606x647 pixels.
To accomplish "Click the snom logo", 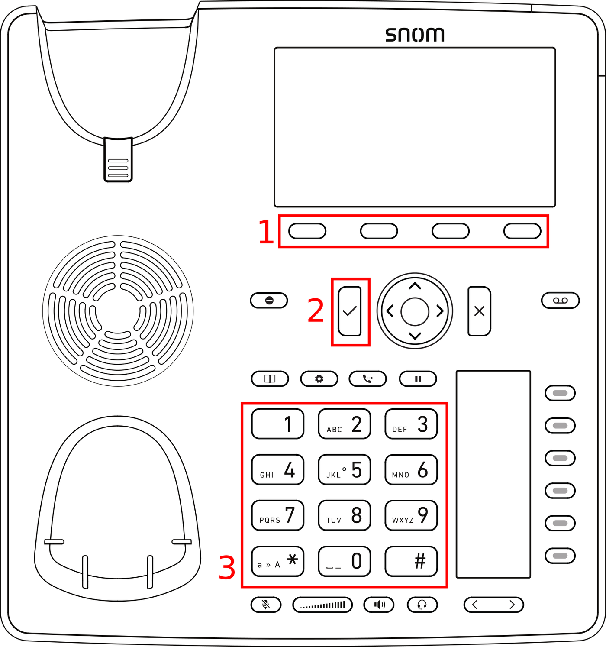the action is pos(415,35).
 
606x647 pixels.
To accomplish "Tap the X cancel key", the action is pos(479,311).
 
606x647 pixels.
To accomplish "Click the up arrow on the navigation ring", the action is pos(415,286).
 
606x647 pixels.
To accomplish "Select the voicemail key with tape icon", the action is pos(560,300).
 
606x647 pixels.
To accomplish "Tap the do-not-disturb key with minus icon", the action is pos(269,300).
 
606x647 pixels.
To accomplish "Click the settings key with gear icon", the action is pos(319,378).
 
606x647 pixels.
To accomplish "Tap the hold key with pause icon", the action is pos(418,378).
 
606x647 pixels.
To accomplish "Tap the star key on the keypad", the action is pos(278,561).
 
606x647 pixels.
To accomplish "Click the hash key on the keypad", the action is pos(411,561).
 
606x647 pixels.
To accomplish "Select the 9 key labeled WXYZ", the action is pos(411,515).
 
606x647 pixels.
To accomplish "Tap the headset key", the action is pos(422,605).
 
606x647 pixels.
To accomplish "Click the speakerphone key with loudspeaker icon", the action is pos(379,605).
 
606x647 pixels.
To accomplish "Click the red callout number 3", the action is pos(227,568).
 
